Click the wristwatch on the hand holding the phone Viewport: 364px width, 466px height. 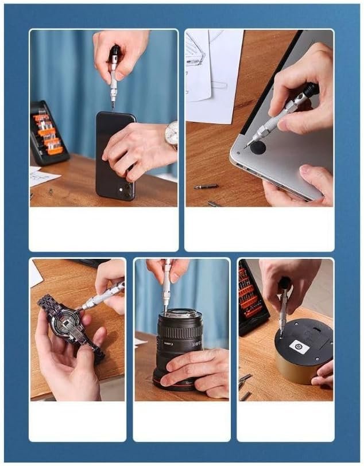click(171, 135)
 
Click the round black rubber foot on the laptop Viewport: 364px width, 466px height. click(256, 148)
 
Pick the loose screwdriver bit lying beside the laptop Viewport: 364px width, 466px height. click(205, 187)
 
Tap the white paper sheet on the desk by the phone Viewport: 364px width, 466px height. click(43, 177)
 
